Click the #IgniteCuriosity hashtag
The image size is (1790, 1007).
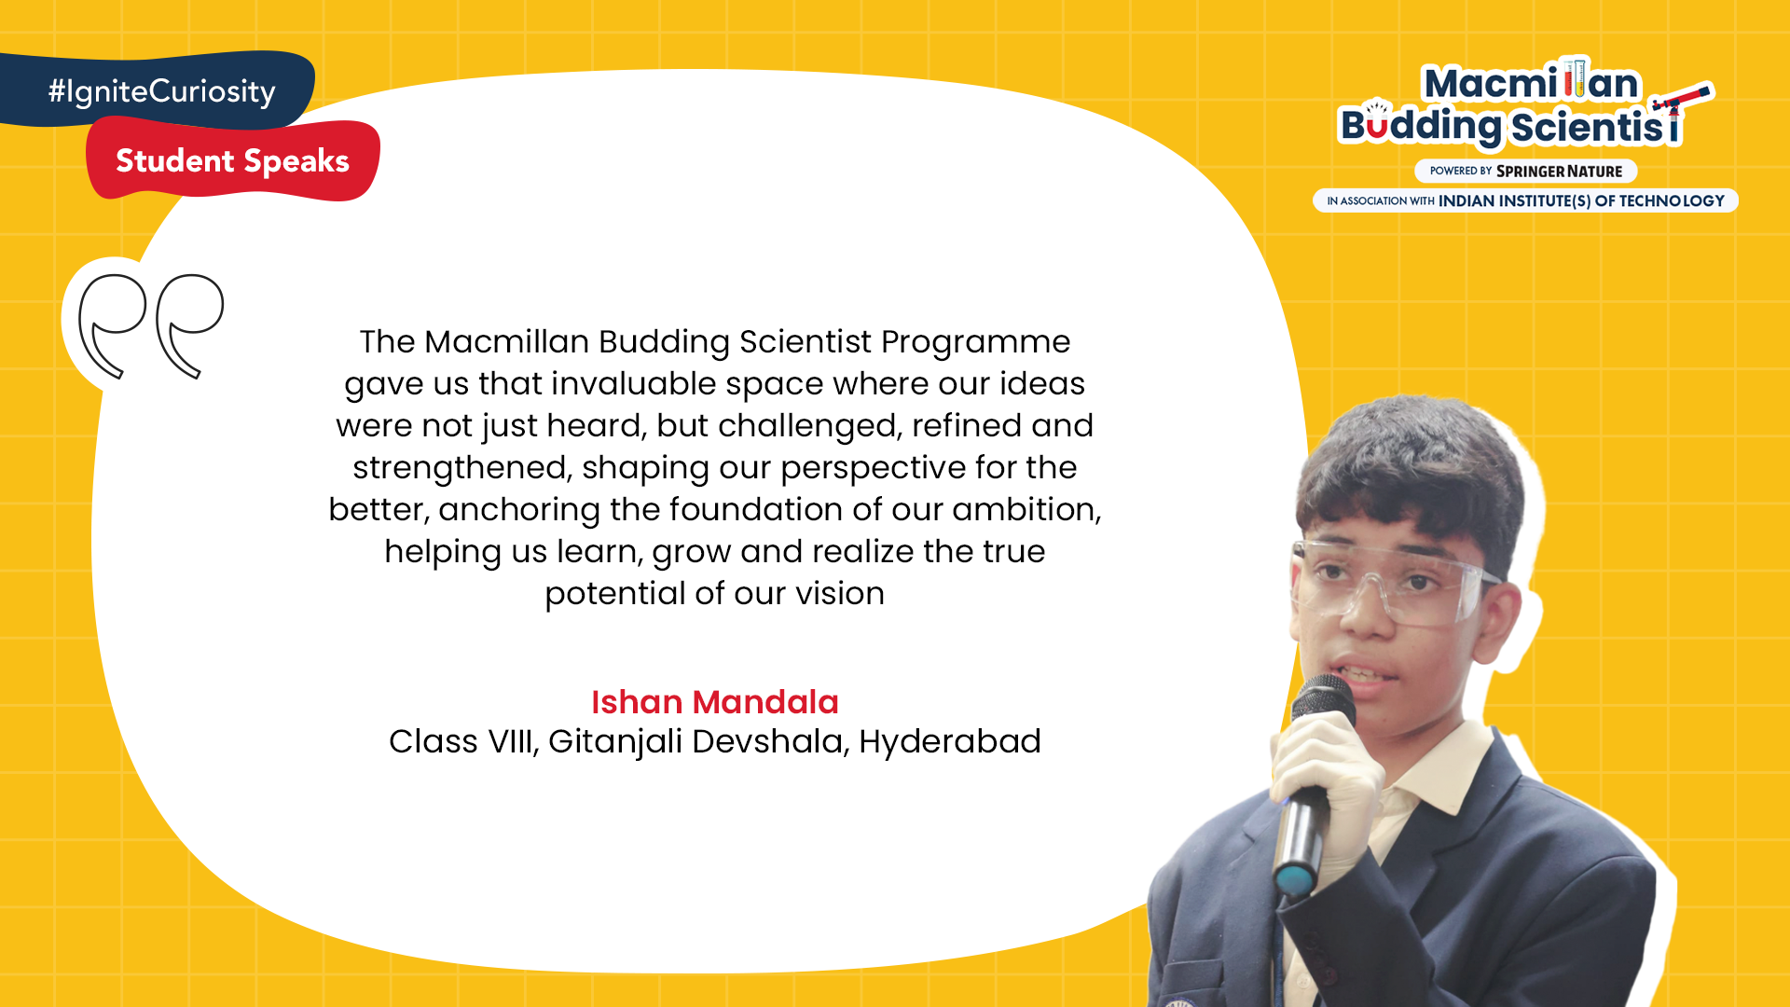coord(162,91)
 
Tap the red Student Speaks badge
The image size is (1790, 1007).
coord(233,159)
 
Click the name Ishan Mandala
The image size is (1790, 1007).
coord(715,702)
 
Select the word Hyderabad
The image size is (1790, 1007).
coord(950,742)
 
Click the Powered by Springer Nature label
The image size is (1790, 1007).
coord(1526,172)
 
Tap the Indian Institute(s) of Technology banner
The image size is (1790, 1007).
coord(1525,200)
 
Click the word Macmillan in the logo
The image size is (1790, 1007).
coord(1531,83)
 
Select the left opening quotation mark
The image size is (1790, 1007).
coord(112,325)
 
